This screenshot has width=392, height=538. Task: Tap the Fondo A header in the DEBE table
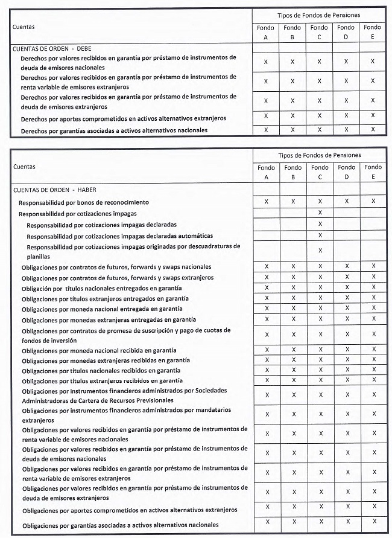[265, 31]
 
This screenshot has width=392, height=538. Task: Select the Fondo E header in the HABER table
[373, 171]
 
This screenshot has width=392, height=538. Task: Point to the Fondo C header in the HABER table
[320, 171]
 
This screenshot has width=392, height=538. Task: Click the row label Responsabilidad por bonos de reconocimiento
[84, 202]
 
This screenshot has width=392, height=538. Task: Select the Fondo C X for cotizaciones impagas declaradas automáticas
[320, 235]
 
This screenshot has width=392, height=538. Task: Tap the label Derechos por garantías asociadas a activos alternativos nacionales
[114, 130]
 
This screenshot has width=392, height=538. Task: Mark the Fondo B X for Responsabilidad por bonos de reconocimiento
[293, 202]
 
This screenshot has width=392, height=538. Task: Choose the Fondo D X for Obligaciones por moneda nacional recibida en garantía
[347, 350]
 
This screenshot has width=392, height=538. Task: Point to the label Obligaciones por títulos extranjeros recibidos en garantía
[102, 381]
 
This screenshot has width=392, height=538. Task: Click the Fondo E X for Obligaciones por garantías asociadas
[374, 521]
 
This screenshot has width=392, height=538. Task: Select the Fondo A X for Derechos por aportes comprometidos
[266, 115]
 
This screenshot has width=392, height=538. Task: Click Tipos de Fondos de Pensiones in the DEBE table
[319, 14]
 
